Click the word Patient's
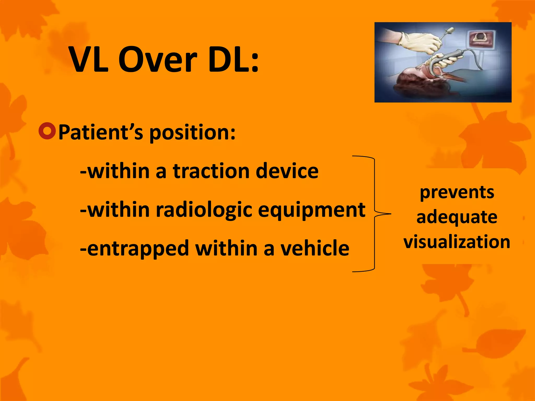[x=101, y=133]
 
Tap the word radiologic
[x=204, y=210]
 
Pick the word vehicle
[x=315, y=248]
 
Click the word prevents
[x=457, y=193]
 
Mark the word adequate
[x=457, y=217]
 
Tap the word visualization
[x=457, y=241]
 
